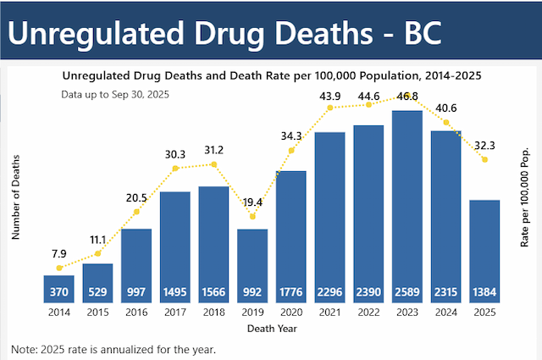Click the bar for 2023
coord(407,203)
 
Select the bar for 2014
coord(58,288)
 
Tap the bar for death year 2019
coord(252,263)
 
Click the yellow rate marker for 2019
coord(252,217)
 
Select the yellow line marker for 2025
coord(484,159)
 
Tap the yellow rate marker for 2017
coord(175,168)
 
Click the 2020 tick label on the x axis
coord(291,312)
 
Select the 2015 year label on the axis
coord(97,312)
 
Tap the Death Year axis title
coord(272,329)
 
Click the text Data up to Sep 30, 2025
coord(116,94)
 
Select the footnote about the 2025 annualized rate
coord(114,349)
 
